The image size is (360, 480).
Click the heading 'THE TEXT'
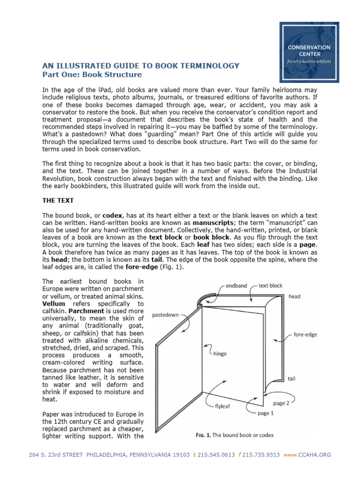pyautogui.click(x=58, y=200)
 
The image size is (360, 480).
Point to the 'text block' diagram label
pyautogui.click(x=270, y=285)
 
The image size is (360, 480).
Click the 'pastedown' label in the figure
pyautogui.click(x=165, y=315)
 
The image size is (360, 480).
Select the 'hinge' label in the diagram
pyautogui.click(x=219, y=353)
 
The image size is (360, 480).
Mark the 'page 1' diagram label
pyautogui.click(x=267, y=413)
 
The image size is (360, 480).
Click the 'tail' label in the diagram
pyautogui.click(x=292, y=378)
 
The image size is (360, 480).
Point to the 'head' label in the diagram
pyautogui.click(x=294, y=296)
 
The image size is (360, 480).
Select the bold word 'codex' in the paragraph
pyautogui.click(x=112, y=215)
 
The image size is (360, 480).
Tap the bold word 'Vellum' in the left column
pyautogui.click(x=53, y=304)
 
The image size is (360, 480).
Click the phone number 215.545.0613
pyautogui.click(x=216, y=455)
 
